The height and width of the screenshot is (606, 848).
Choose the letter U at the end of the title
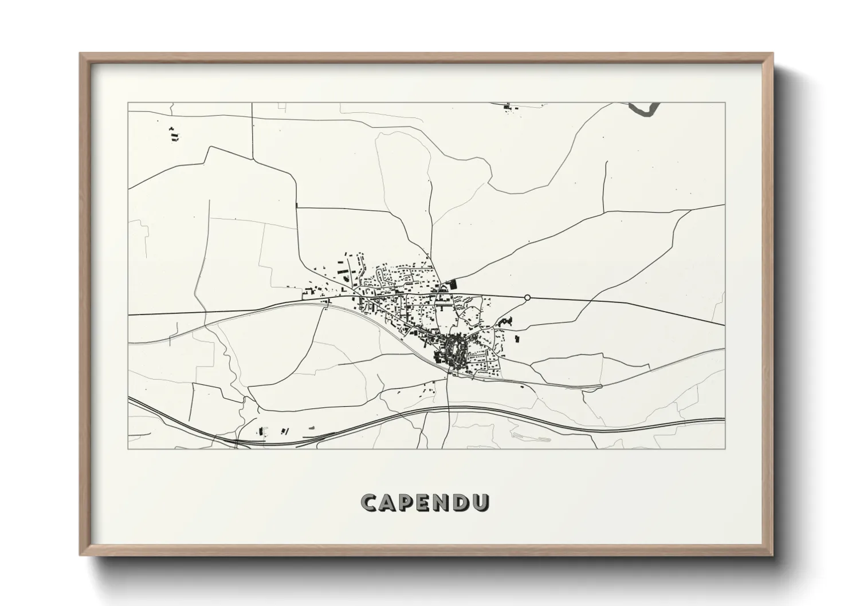pos(482,502)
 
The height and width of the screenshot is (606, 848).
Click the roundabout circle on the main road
pos(527,297)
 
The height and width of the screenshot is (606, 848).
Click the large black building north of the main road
pos(454,282)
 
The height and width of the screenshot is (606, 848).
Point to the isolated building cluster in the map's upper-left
pos(174,135)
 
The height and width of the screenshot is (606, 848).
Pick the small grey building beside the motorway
pos(312,428)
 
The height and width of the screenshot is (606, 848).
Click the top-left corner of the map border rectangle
pos(128,103)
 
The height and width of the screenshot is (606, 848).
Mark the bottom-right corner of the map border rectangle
pos(725,448)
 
